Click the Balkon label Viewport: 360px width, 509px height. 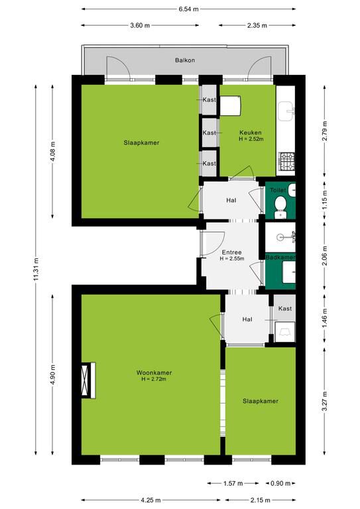(x=185, y=60)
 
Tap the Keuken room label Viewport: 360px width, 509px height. (x=251, y=133)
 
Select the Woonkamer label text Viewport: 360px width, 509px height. (x=154, y=372)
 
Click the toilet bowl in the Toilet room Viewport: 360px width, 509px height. (x=280, y=204)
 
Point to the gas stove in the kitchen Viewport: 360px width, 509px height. (x=286, y=161)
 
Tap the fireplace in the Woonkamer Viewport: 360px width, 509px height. (x=88, y=380)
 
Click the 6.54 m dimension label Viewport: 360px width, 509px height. (x=188, y=9)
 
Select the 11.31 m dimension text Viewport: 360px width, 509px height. (x=36, y=270)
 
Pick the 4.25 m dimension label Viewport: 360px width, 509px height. (x=150, y=500)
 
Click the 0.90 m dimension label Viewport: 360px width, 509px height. (x=280, y=483)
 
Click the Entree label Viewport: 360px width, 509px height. (x=232, y=253)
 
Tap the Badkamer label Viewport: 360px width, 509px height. (x=280, y=257)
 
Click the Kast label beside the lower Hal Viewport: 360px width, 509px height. (x=285, y=308)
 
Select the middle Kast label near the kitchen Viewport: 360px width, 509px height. (x=209, y=133)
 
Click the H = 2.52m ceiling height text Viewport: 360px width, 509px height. (x=251, y=139)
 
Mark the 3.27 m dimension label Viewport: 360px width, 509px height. (x=325, y=401)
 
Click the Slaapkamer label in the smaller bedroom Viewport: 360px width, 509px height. (x=261, y=401)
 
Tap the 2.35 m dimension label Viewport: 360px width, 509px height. (x=257, y=25)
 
